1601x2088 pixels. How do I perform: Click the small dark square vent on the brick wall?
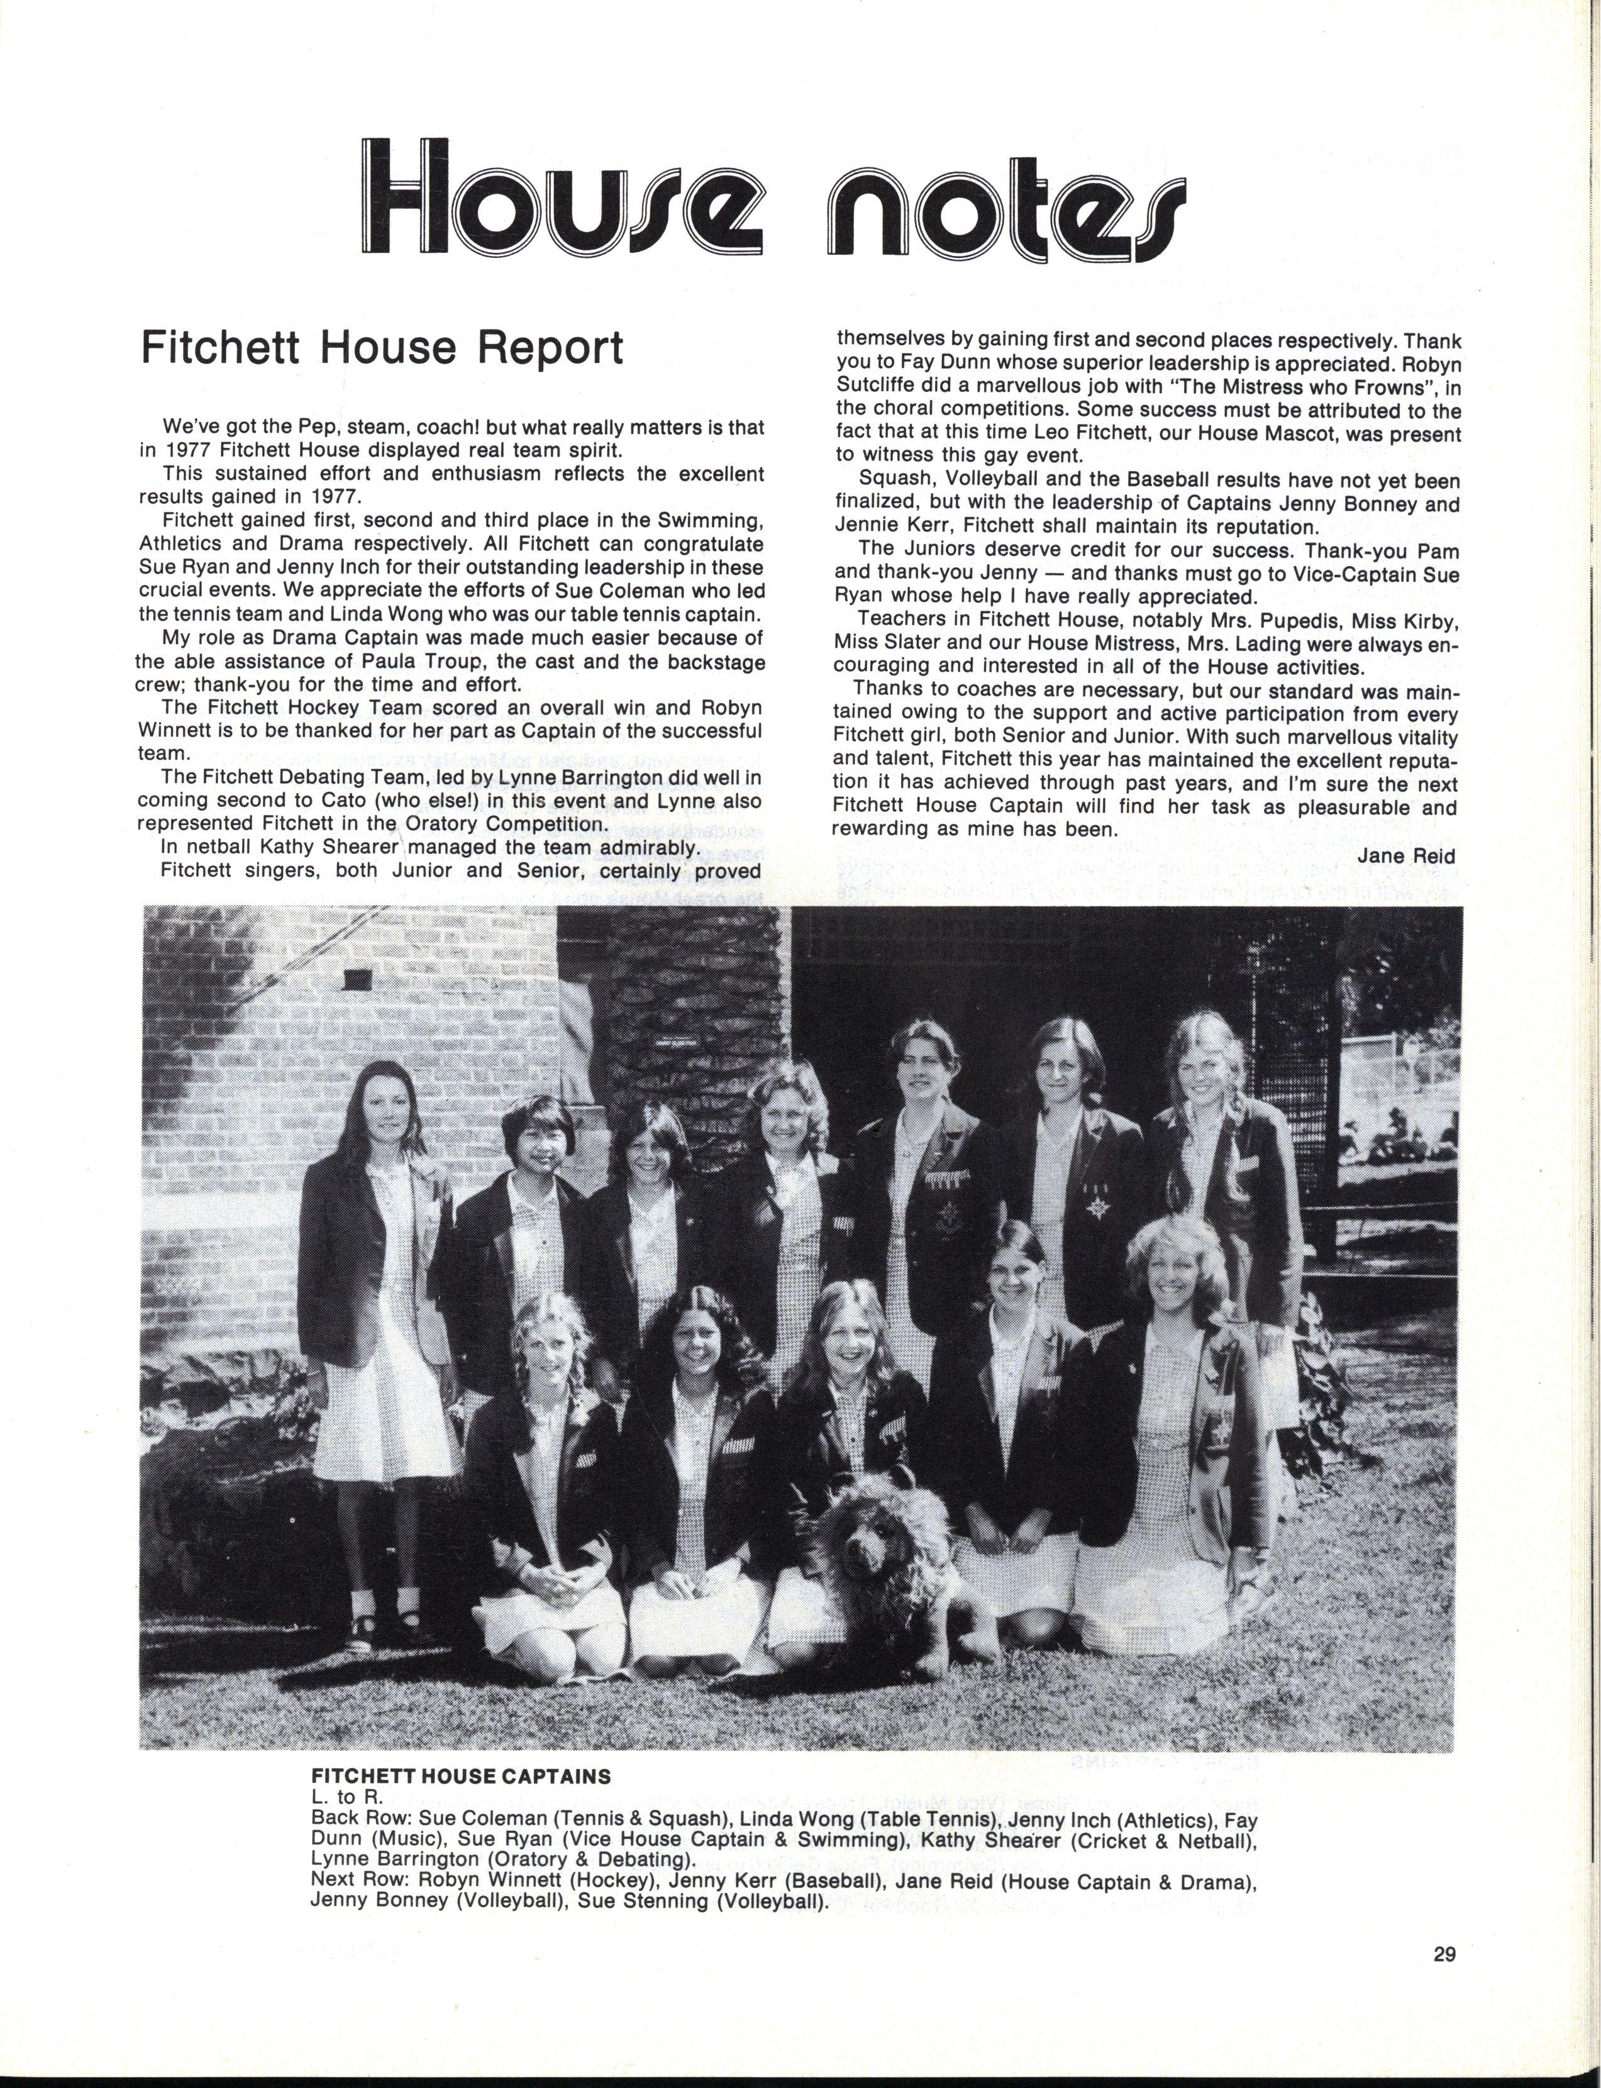coord(358,978)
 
